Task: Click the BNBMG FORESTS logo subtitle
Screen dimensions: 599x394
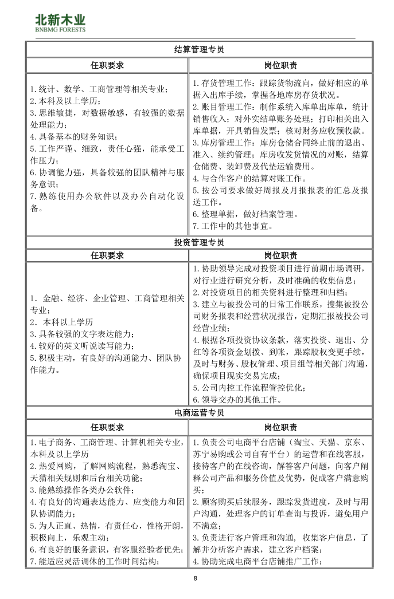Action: pyautogui.click(x=60, y=29)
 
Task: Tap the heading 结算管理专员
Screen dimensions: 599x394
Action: pyautogui.click(x=199, y=50)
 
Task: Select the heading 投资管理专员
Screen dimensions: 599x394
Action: pyautogui.click(x=199, y=242)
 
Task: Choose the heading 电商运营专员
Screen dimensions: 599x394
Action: pyautogui.click(x=199, y=412)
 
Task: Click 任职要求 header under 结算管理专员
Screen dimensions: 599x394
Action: pyautogui.click(x=107, y=66)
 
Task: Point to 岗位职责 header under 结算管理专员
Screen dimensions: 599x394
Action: pyautogui.click(x=280, y=66)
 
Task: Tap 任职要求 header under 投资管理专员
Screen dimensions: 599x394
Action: pyautogui.click(x=107, y=255)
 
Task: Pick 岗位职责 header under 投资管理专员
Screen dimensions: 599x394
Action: pyautogui.click(x=280, y=255)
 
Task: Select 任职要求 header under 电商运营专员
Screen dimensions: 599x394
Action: pyautogui.click(x=107, y=427)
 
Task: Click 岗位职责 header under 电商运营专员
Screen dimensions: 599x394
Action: pyautogui.click(x=280, y=427)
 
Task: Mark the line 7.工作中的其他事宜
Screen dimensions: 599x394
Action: pyautogui.click(x=232, y=226)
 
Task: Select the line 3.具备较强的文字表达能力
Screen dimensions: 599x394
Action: pyautogui.click(x=83, y=334)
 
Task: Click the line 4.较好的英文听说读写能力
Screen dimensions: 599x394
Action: pyautogui.click(x=83, y=346)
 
